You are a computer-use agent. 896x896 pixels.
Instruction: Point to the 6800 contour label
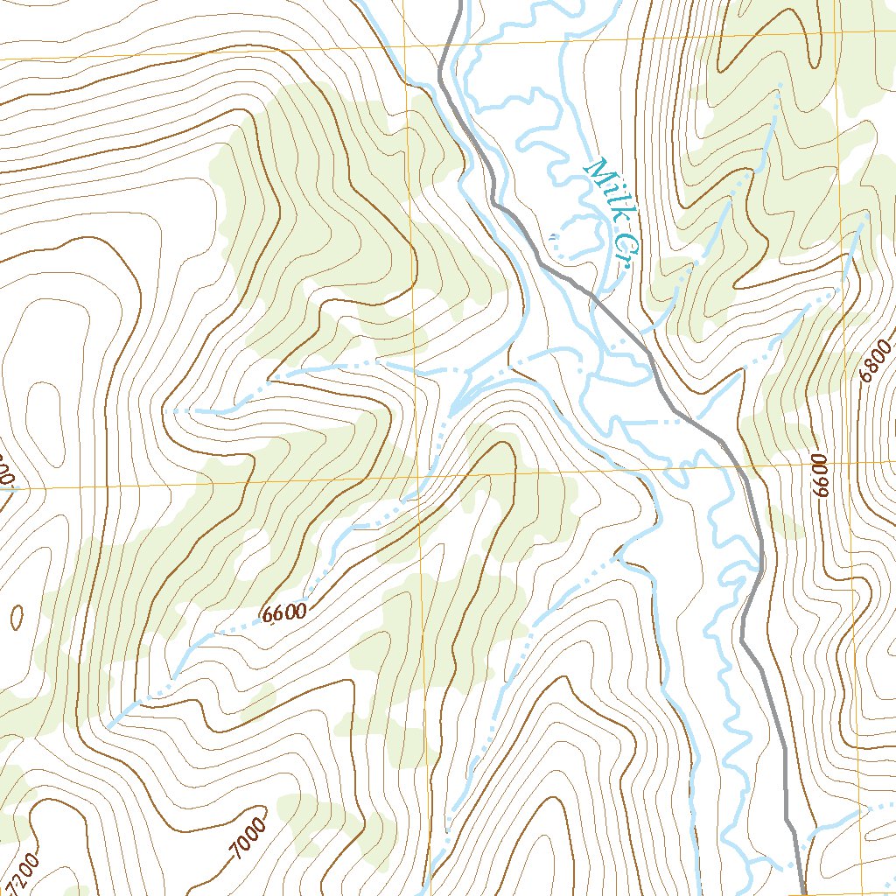point(876,360)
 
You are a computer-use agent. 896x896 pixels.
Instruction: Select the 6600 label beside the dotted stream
point(284,613)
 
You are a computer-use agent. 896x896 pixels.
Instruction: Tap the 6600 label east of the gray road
point(820,476)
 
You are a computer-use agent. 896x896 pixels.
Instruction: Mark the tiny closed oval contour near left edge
point(17,617)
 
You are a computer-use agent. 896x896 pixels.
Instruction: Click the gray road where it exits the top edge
point(457,4)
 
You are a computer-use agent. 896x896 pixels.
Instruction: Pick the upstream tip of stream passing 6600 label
point(108,726)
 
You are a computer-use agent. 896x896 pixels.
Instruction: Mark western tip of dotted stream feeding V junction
point(166,409)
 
